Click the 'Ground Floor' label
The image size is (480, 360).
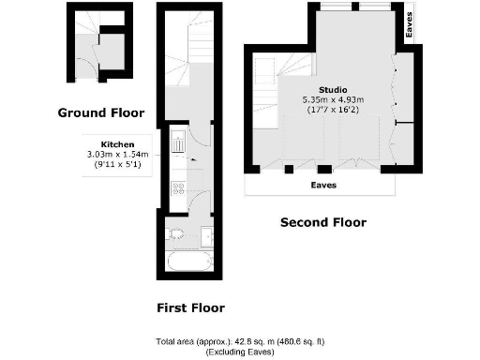pyautogui.click(x=101, y=113)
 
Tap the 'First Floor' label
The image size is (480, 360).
pyautogui.click(x=190, y=307)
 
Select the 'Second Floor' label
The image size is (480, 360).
pyautogui.click(x=323, y=223)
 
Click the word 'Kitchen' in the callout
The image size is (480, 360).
pyautogui.click(x=118, y=145)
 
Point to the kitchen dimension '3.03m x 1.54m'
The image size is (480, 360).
pyautogui.click(x=118, y=156)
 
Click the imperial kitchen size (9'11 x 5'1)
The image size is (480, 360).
pyautogui.click(x=118, y=166)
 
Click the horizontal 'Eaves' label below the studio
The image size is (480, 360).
pyautogui.click(x=324, y=186)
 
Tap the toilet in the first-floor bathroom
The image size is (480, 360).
pyautogui.click(x=175, y=233)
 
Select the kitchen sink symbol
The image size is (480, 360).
pyautogui.click(x=177, y=144)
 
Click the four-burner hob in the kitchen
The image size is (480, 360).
pyautogui.click(x=177, y=190)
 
